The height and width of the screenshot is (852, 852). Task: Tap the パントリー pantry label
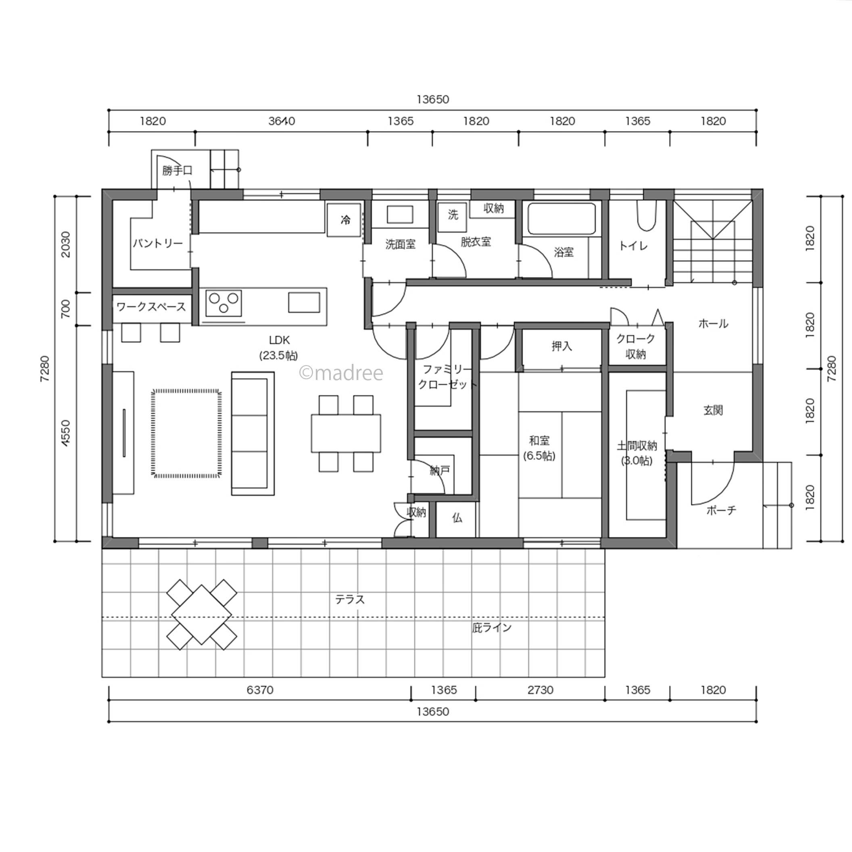tap(157, 243)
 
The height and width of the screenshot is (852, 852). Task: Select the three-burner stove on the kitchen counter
tap(223, 303)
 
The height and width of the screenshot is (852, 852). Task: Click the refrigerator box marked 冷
tap(345, 219)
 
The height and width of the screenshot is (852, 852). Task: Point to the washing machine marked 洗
tap(453, 217)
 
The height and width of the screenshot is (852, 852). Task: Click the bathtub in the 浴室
tap(562, 219)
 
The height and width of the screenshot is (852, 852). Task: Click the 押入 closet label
tap(562, 346)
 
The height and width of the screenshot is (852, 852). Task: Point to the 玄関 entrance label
tap(713, 410)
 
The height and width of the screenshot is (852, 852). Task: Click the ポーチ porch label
tap(721, 510)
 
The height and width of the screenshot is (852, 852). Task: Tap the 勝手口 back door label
tap(177, 170)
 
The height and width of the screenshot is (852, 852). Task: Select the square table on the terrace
tap(202, 615)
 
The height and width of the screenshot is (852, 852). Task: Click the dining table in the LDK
tap(346, 433)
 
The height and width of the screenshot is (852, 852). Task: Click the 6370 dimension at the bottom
tap(260, 690)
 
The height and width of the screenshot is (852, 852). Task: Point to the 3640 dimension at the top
tap(282, 121)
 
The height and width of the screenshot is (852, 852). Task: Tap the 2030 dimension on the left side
tap(65, 244)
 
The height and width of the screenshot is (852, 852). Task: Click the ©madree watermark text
tap(341, 373)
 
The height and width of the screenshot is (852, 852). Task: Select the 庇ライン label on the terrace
tap(492, 628)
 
